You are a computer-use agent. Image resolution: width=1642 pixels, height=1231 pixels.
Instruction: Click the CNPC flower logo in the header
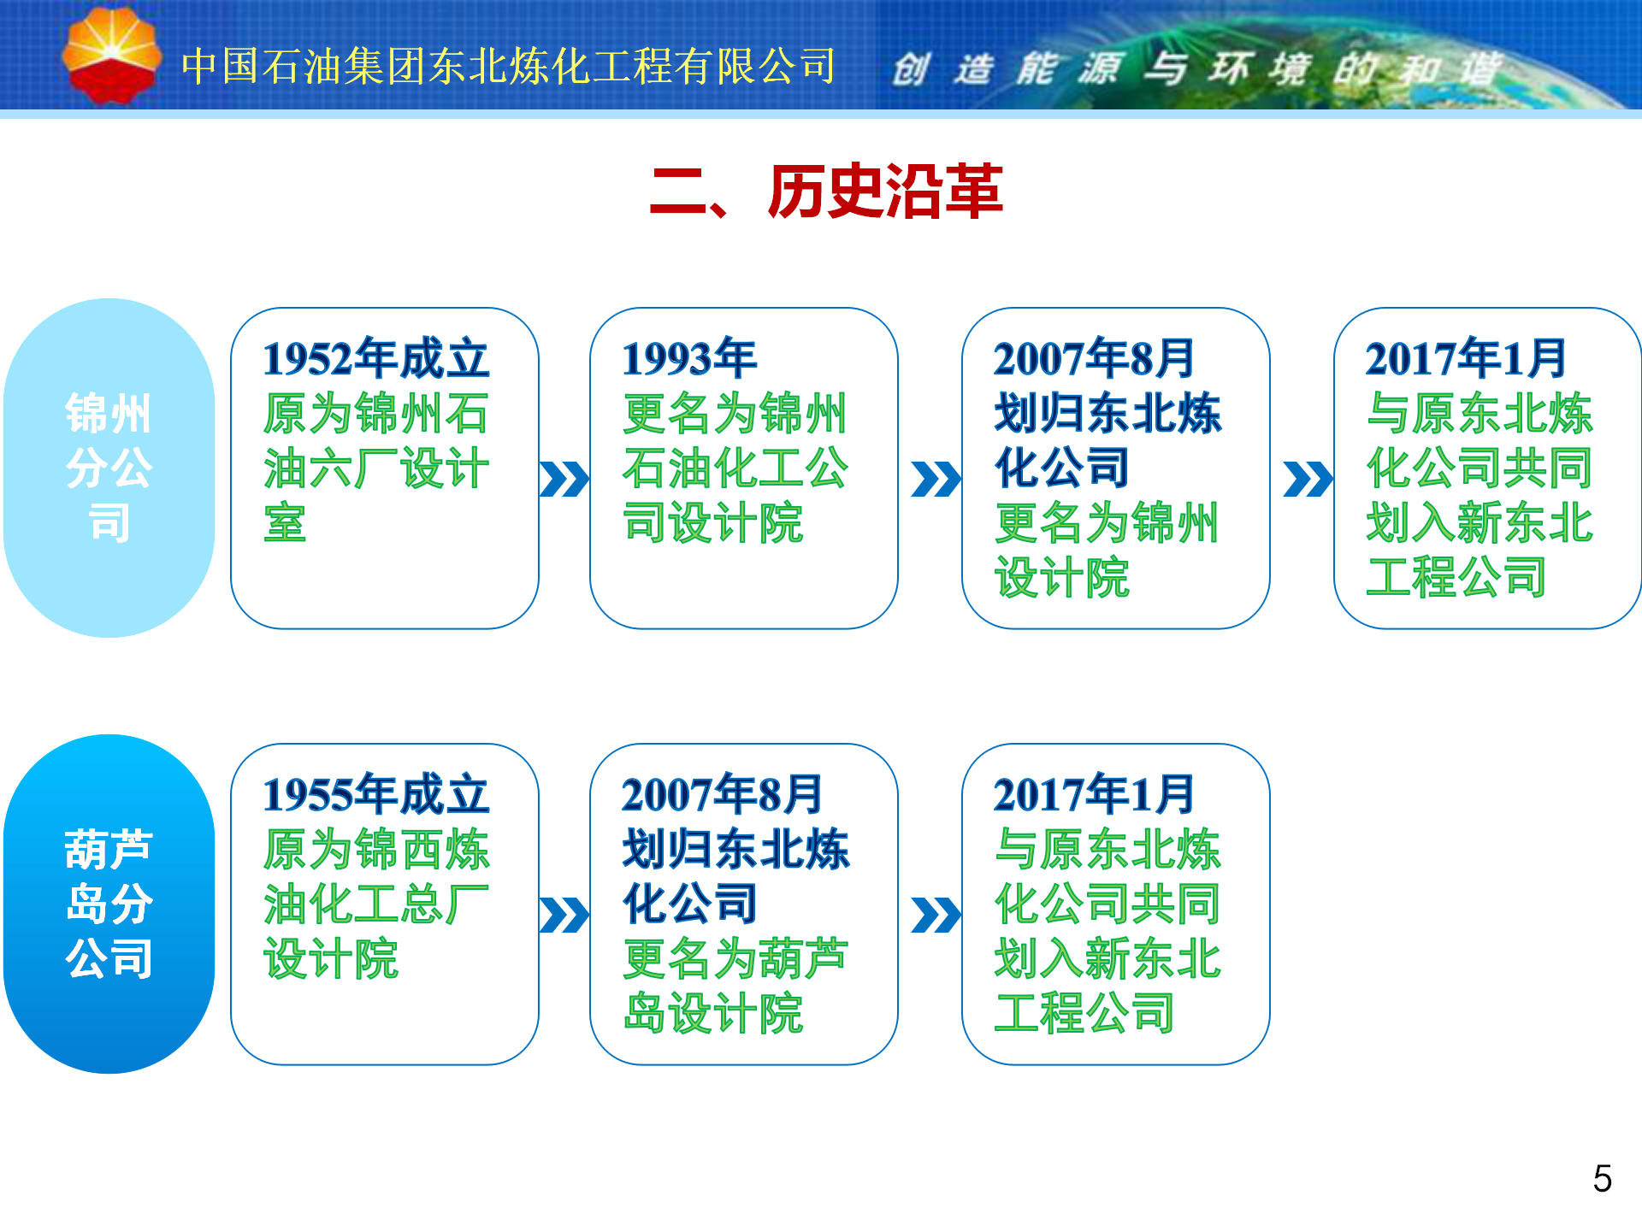111,56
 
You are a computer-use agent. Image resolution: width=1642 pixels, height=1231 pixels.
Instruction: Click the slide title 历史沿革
885,191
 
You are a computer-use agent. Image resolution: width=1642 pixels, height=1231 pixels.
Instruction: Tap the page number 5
1603,1179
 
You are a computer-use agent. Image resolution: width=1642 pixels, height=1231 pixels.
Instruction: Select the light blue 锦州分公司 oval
109,468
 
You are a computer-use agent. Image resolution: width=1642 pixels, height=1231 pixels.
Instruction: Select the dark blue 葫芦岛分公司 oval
109,904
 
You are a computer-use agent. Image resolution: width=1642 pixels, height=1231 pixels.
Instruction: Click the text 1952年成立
375,359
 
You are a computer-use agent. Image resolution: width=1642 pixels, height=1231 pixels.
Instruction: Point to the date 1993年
689,359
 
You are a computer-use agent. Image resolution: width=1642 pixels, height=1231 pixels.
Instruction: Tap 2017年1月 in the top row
1466,359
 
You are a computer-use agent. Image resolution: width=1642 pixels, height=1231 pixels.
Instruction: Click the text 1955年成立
375,795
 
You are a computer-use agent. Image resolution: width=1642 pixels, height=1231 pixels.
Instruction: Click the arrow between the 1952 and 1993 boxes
564,480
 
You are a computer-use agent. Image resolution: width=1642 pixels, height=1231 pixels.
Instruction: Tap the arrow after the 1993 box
936,480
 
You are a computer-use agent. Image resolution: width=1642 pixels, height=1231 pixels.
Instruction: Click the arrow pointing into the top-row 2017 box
1308,480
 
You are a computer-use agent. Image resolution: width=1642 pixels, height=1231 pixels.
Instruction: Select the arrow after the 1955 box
564,916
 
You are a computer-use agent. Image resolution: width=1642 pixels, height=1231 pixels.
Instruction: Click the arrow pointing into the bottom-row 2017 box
936,916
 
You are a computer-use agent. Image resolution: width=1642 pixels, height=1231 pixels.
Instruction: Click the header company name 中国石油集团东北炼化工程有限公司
509,66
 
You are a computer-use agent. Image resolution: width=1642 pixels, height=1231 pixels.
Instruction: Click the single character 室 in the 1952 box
285,523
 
